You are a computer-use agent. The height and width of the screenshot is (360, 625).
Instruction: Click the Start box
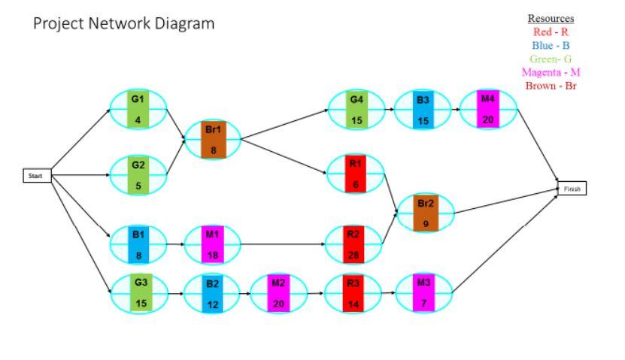pos(37,176)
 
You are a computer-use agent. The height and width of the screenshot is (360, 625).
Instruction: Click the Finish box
pos(572,189)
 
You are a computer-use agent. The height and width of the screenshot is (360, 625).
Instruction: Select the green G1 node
pos(138,109)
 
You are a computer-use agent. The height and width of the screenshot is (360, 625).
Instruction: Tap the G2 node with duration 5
pos(138,174)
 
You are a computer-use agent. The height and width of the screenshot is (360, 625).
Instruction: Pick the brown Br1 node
pos(213,140)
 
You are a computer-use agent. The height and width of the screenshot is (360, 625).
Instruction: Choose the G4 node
pos(356,109)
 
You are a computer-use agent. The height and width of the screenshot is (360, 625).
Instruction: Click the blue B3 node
pos(423,109)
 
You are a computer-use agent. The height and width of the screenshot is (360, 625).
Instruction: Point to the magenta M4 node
pos(488,109)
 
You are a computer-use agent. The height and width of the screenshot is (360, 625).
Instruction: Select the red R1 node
pos(356,174)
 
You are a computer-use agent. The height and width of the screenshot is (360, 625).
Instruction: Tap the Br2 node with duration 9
pos(426,213)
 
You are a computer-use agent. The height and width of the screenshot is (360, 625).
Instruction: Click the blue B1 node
pos(138,244)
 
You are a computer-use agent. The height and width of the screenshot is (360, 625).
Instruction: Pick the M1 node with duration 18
pos(213,244)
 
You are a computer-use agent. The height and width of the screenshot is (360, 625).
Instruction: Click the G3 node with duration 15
pos(140,292)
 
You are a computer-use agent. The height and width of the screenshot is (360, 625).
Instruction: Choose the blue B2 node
pos(213,292)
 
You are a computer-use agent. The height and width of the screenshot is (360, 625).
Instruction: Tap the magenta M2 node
pos(278,292)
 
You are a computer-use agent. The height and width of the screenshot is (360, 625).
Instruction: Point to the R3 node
pos(353,292)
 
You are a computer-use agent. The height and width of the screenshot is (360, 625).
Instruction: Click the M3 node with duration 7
pos(424,292)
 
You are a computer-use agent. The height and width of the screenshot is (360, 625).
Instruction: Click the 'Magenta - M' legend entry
pos(551,72)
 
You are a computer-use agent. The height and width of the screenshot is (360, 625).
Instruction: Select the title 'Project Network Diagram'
pos(124,24)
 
